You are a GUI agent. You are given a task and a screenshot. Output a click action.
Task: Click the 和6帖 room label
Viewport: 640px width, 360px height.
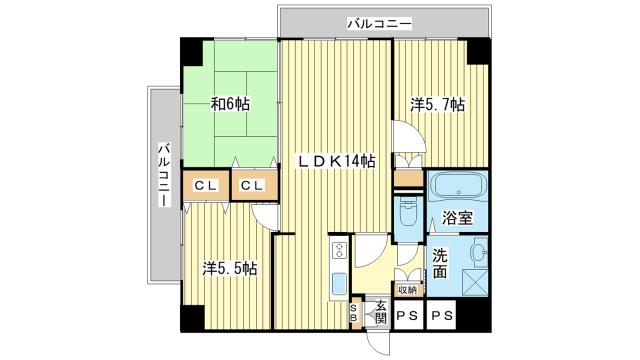click(229, 103)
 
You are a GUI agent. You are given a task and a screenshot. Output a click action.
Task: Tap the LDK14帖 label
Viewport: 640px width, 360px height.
click(334, 161)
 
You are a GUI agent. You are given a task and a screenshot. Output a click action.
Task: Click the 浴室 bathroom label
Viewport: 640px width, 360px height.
click(458, 218)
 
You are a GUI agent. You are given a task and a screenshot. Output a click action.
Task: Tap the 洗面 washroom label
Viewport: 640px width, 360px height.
click(441, 261)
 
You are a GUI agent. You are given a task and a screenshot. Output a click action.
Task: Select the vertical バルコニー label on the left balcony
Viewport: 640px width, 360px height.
click(164, 175)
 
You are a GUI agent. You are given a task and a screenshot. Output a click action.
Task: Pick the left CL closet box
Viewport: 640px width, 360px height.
click(206, 184)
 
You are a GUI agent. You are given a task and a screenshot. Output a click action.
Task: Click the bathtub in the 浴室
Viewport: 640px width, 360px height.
click(456, 187)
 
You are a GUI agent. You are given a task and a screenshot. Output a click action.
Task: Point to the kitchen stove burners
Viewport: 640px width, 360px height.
click(338, 250)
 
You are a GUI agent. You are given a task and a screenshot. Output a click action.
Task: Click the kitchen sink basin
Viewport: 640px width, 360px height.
click(338, 281)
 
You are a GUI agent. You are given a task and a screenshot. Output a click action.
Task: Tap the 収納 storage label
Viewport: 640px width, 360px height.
click(407, 289)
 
